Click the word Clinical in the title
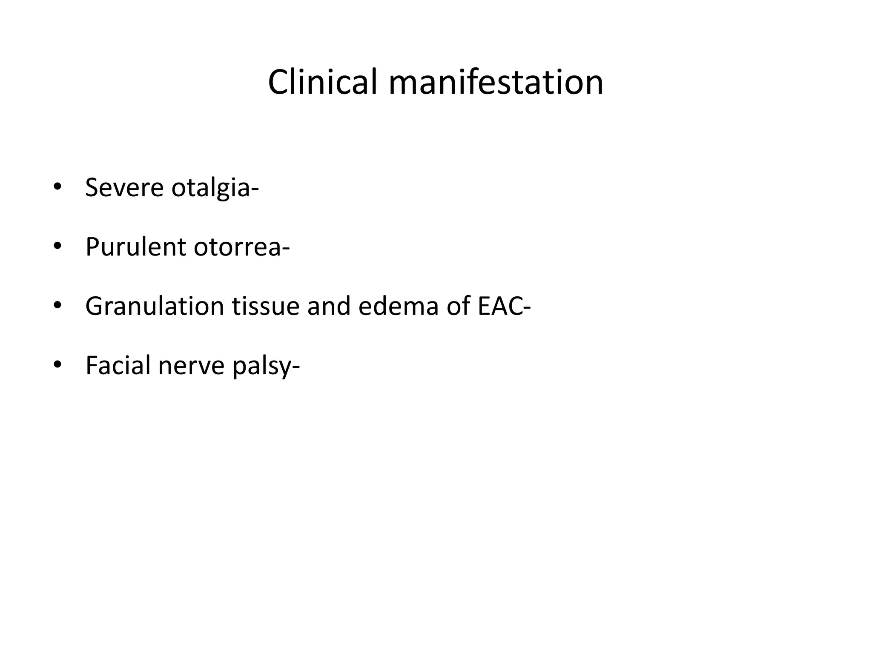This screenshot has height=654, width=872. pyautogui.click(x=323, y=82)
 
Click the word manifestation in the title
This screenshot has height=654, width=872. pyautogui.click(x=496, y=82)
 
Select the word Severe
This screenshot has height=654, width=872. pyautogui.click(x=124, y=187)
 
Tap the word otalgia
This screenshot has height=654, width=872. pyautogui.click(x=211, y=188)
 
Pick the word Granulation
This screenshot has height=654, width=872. pyautogui.click(x=155, y=306)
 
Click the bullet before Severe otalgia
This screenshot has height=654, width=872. pyautogui.click(x=57, y=187)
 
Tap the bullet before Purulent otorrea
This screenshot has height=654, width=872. pyautogui.click(x=57, y=247)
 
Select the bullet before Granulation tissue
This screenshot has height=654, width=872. pyautogui.click(x=57, y=306)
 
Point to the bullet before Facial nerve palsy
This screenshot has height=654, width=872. pyautogui.click(x=57, y=365)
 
